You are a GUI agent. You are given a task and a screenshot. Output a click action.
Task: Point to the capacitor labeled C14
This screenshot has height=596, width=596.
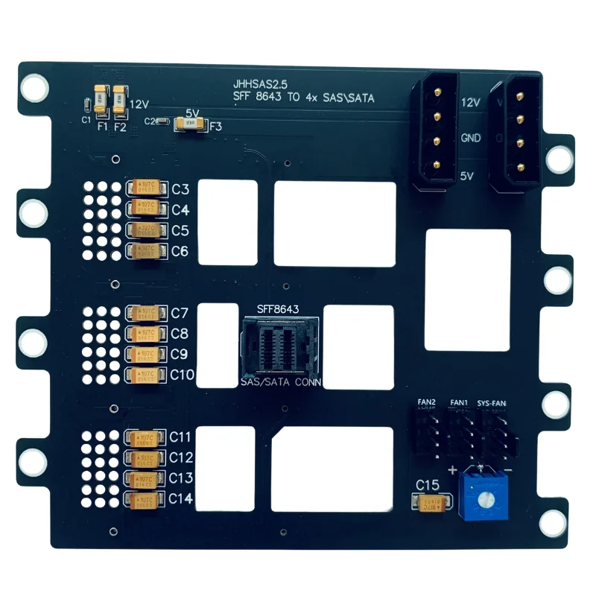pyautogui.click(x=148, y=499)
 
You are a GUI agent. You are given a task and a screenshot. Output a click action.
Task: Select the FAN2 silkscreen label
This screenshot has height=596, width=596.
pyautogui.click(x=426, y=403)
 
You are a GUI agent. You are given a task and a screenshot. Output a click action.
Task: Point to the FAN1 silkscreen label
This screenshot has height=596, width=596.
pyautogui.click(x=459, y=403)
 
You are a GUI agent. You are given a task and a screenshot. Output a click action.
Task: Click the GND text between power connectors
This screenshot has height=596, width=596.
pyautogui.click(x=471, y=138)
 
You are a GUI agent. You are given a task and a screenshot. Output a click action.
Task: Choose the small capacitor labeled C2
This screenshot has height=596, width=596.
pyautogui.click(x=162, y=121)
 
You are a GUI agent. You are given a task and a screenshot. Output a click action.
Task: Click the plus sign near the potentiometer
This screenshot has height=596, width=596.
pyautogui.click(x=452, y=470)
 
